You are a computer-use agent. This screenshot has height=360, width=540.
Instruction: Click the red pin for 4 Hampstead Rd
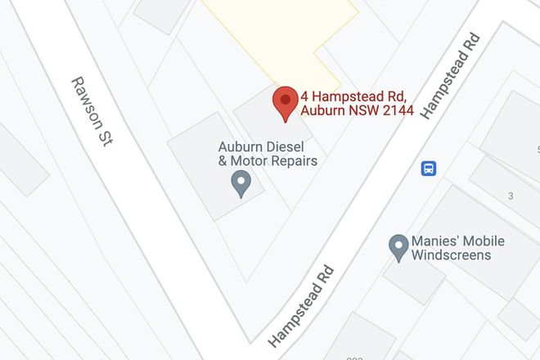tap(285, 101)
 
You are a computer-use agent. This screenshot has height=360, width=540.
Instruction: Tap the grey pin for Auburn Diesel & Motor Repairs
tap(241, 182)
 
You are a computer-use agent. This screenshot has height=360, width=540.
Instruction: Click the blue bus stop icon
tap(429, 169)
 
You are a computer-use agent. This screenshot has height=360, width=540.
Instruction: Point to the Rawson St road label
tap(92, 112)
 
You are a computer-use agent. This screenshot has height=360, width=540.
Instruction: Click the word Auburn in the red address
tap(322, 111)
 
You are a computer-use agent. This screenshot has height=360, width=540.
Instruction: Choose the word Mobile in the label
tap(484, 241)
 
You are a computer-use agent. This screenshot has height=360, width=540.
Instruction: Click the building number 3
tap(511, 196)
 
